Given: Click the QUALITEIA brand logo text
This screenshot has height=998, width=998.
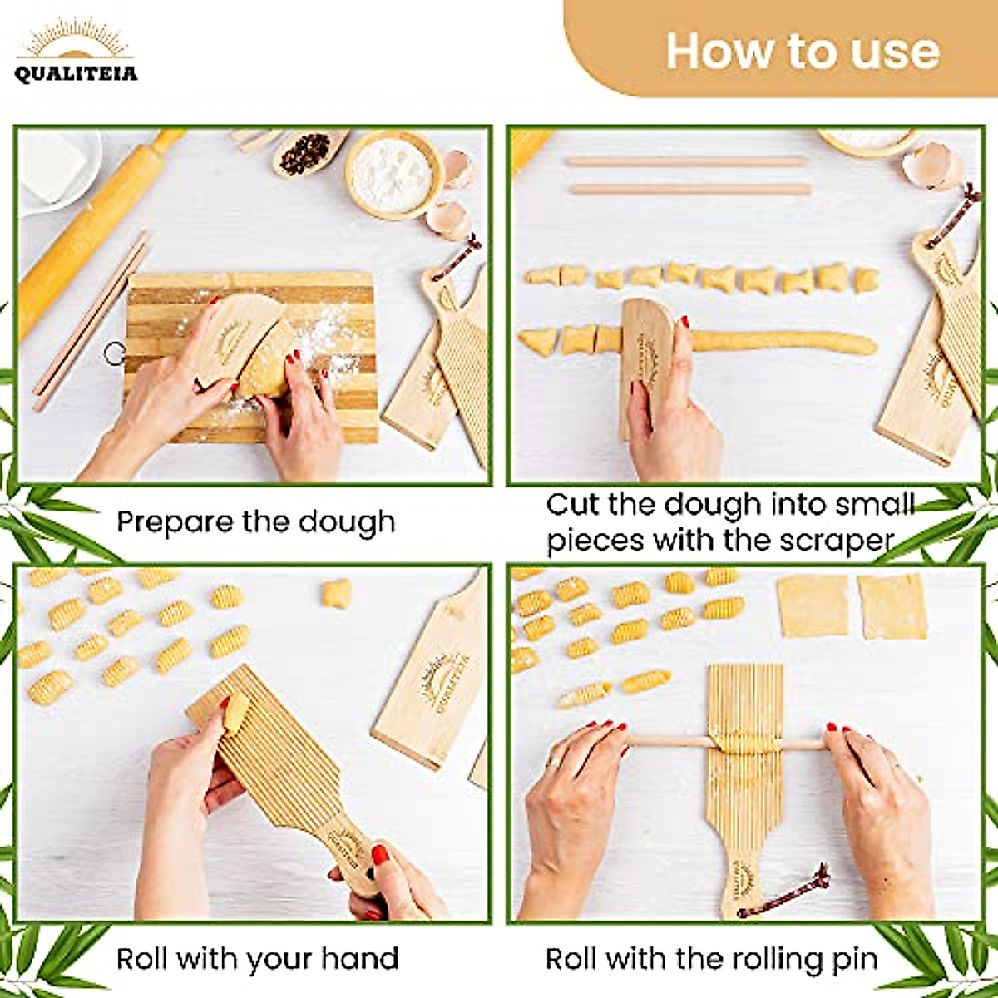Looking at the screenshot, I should tap(76, 74).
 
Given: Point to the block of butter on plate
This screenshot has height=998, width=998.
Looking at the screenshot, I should tap(52, 166).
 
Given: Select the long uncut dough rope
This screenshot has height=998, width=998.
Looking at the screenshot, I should tap(782, 342).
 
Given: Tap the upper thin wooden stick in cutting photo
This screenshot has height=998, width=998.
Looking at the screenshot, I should tap(686, 161).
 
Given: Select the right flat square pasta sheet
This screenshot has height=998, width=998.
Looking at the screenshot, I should tap(892, 605).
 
